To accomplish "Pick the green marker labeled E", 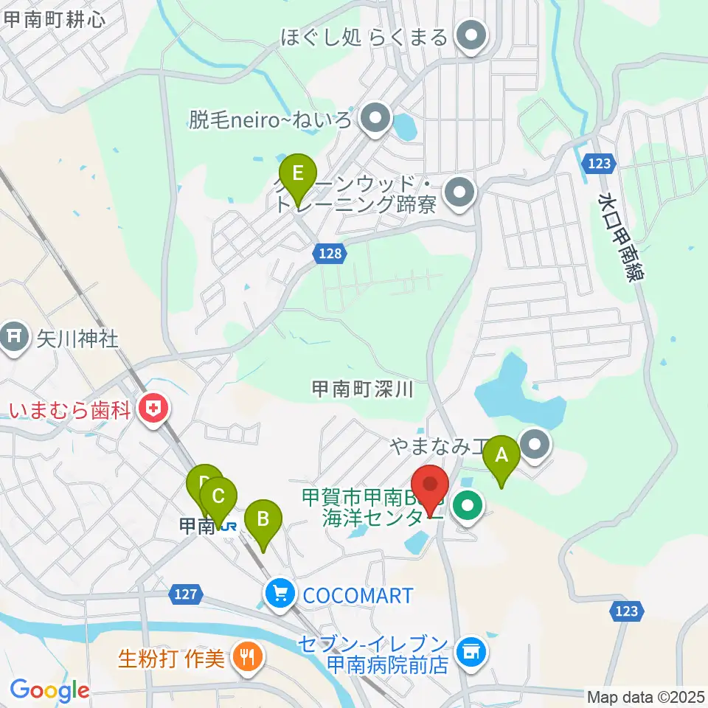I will [298, 174].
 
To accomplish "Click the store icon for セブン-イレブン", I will [471, 650].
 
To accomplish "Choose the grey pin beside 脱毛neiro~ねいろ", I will [376, 119].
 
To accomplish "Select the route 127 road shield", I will [187, 593].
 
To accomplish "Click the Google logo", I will [49, 690].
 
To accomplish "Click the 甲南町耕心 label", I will [54, 18].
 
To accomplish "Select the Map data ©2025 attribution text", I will [645, 696].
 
